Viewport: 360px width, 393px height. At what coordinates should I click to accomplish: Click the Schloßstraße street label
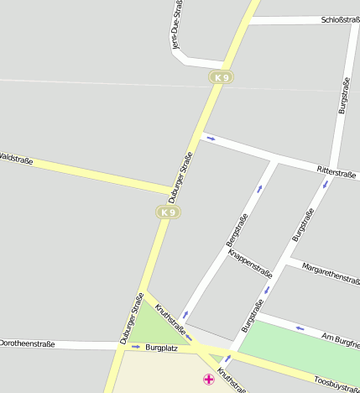(x=340, y=19)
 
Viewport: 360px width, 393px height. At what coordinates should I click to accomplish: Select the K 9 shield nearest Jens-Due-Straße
(x=221, y=77)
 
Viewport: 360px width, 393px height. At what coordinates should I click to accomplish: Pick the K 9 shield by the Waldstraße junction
(x=169, y=212)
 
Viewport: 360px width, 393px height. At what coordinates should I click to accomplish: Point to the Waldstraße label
(x=16, y=157)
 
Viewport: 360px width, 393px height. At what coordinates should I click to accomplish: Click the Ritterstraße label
(x=337, y=171)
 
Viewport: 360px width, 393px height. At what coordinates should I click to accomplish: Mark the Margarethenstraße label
(x=331, y=274)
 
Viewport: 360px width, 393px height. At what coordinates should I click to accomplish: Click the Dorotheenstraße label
(x=27, y=343)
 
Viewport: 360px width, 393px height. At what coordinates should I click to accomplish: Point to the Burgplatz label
(x=161, y=347)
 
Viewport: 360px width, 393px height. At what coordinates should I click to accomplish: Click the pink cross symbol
(x=209, y=380)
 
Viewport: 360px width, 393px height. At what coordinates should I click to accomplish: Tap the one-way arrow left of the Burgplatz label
(x=135, y=346)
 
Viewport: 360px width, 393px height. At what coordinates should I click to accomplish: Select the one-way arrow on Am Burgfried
(x=299, y=328)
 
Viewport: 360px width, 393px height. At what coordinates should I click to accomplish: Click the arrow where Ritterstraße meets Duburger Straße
(x=211, y=139)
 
